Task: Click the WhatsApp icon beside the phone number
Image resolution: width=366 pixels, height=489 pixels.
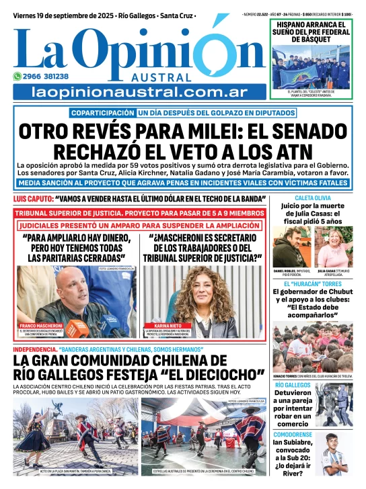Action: tap(17, 77)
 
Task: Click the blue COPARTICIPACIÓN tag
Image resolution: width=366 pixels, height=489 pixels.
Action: tap(103, 114)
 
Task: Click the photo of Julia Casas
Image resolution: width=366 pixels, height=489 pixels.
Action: tap(334, 246)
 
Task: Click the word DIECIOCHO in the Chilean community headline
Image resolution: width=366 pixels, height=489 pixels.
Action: tap(229, 373)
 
